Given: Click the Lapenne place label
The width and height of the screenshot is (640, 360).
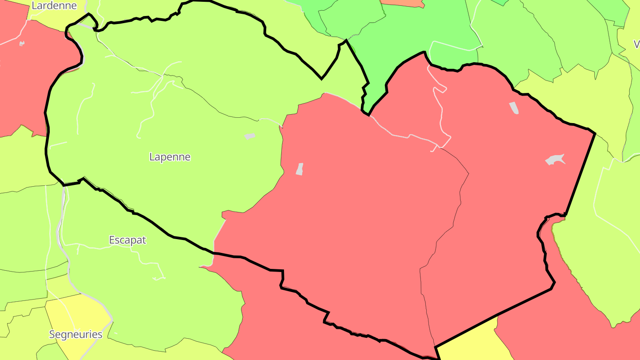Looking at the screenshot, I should coord(170,157).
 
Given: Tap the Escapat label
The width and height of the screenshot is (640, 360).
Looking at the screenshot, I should coord(128,240).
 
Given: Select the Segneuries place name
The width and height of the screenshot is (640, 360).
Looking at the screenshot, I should coord(76,334).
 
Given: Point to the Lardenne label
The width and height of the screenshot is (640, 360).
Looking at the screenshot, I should coord(54,5).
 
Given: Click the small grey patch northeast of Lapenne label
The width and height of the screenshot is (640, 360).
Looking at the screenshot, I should coord(249,136).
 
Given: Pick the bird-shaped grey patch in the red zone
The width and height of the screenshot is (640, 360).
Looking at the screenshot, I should coord(555,160).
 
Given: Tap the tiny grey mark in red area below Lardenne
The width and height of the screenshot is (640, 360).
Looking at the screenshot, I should coord(22,43).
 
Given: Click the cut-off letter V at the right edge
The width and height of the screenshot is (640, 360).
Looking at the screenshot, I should coord(636,44).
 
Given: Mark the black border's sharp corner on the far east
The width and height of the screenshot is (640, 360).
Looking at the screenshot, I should coord(595,132).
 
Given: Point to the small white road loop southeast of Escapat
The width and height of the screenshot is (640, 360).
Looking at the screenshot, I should coord(159,277).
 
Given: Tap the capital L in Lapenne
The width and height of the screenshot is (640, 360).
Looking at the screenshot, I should coord(152,157).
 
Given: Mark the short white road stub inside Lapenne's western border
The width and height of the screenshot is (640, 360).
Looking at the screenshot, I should coord(58,144).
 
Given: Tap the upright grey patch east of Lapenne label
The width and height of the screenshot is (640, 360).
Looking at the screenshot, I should coord(300,169).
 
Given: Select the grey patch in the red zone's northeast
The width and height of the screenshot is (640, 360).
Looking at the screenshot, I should coord(514,108).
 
